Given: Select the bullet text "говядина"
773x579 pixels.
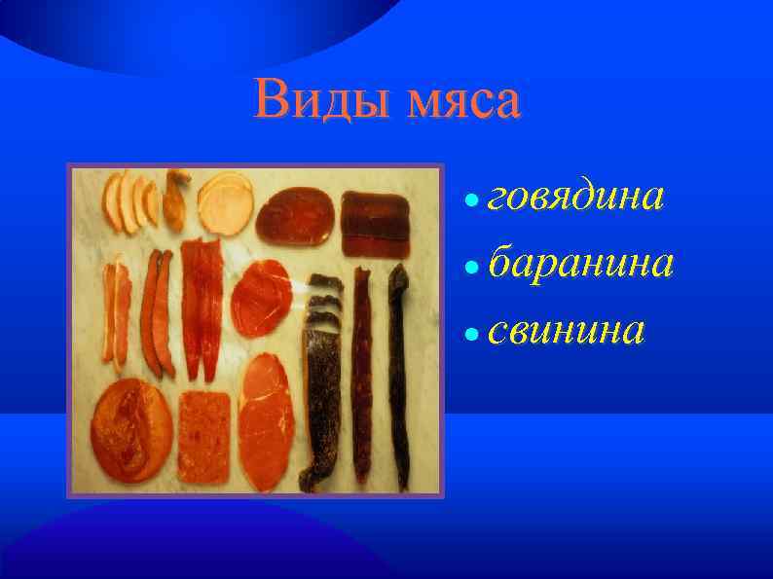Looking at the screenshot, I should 576,198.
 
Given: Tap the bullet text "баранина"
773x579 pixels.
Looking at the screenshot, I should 580,263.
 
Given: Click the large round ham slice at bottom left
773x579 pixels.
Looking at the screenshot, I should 131,429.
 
